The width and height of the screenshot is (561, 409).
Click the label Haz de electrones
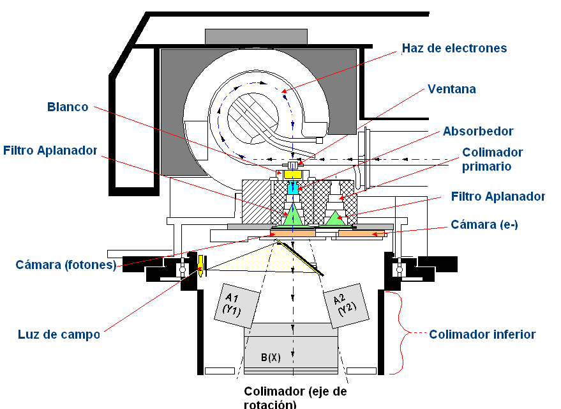coord(454,49)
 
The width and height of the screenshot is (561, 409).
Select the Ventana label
coord(451,89)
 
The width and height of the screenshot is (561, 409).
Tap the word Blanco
coord(68,107)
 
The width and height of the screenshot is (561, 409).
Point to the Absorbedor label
coord(478,131)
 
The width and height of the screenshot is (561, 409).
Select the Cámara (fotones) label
coord(66,265)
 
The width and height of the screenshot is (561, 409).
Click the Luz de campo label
coord(59,334)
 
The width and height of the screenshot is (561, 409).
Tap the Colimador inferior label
coord(482,334)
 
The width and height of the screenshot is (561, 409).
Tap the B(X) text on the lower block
coord(271,358)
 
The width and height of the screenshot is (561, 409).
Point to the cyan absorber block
coord(292,188)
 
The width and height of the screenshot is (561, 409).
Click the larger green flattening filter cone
coord(293,215)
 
